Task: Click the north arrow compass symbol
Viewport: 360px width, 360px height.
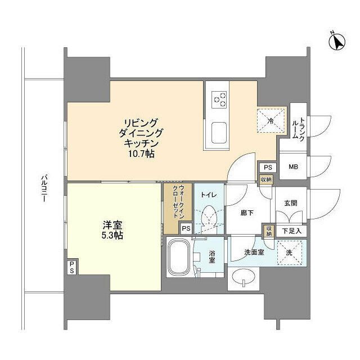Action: (338, 41)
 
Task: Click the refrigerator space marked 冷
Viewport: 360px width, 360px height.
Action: (270, 119)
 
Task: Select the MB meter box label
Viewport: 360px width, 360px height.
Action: (293, 167)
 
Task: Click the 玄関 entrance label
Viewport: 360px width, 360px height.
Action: (290, 204)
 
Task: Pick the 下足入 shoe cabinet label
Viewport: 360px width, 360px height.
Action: (291, 230)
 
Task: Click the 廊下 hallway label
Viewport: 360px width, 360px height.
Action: (246, 214)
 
